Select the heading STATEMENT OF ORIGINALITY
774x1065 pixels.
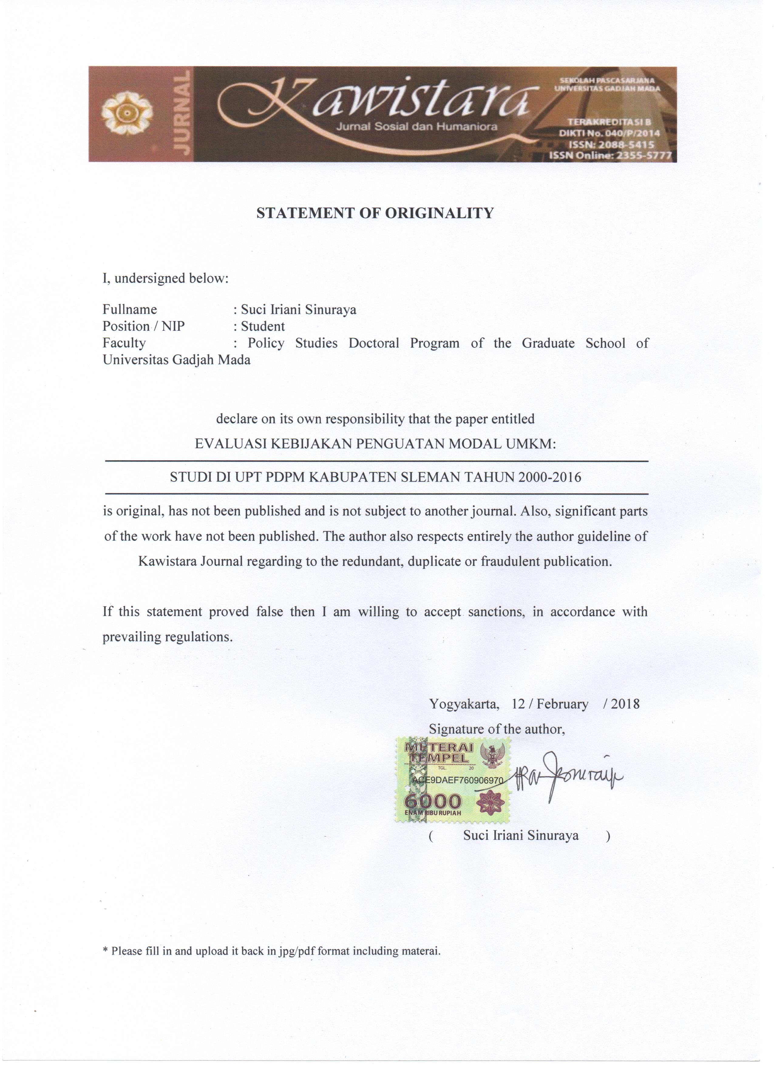(x=375, y=213)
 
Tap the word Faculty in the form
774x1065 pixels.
(x=124, y=343)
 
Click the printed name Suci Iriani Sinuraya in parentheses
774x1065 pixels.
(x=521, y=835)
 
